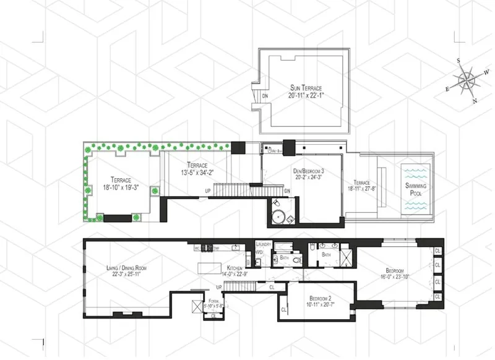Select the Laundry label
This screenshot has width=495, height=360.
click(264, 244)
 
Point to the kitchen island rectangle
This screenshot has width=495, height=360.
click(208, 270)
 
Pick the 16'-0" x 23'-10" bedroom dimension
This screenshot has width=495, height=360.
click(395, 278)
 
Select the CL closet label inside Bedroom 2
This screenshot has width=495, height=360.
click(284, 309)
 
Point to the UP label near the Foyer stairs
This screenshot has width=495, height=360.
click(218, 287)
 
